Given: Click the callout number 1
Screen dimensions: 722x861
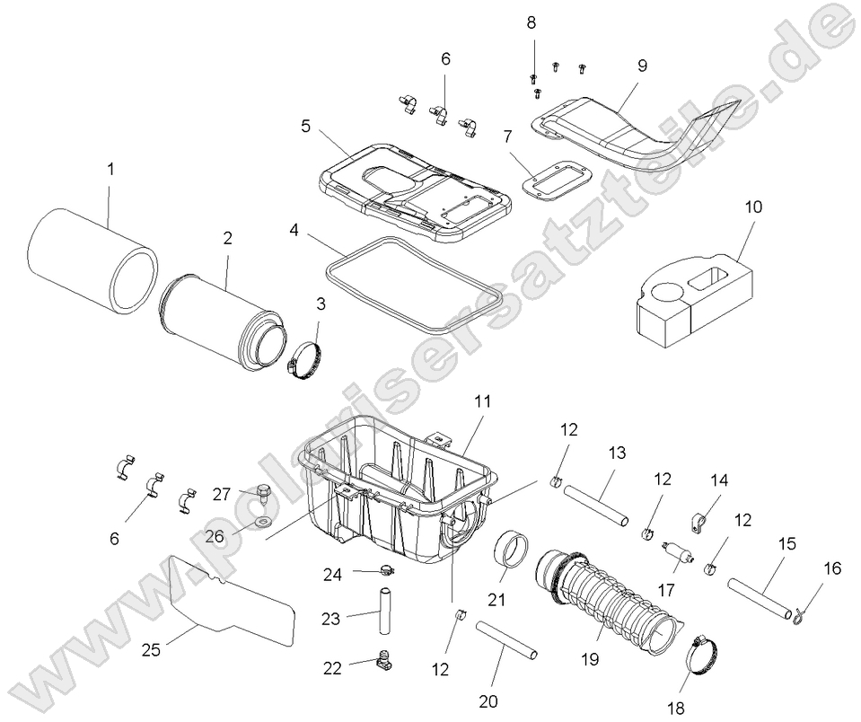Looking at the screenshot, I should pos(110,168).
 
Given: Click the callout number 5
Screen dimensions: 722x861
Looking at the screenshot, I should pos(306,127).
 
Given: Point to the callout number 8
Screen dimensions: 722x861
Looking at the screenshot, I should pos(531,21).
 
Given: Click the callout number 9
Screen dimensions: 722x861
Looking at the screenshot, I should pos(642,66).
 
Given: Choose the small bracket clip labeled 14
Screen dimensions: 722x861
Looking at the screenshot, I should pos(699,517).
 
